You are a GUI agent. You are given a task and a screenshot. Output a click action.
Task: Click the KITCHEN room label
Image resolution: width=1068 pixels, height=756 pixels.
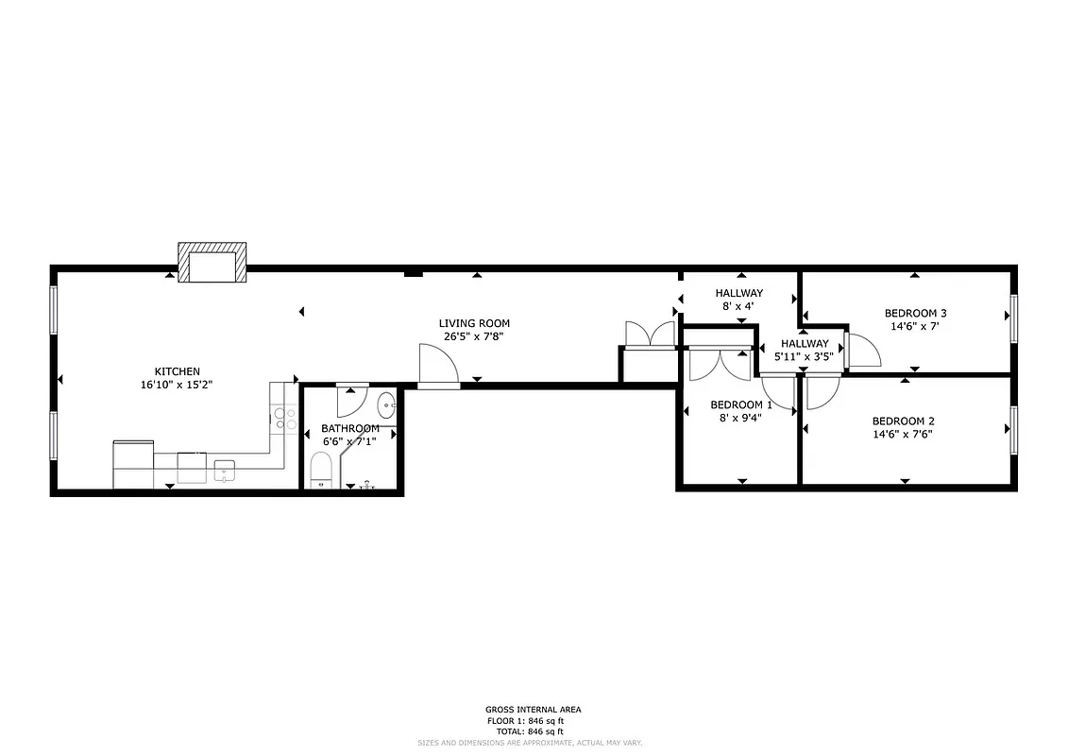click(177, 371)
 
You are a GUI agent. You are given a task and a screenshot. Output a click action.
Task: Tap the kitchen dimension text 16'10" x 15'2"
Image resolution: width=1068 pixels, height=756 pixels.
click(177, 385)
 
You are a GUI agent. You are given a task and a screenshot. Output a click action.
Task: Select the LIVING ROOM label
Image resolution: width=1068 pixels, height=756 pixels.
click(474, 323)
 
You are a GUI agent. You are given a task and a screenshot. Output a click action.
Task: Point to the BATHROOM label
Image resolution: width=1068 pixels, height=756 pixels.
click(349, 428)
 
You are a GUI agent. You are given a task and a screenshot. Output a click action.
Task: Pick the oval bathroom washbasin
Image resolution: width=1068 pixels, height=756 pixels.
click(387, 406)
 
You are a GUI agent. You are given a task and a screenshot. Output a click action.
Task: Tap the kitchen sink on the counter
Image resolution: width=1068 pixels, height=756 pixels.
click(224, 469)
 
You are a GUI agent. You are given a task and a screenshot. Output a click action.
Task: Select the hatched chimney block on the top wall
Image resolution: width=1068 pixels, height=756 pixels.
click(212, 263)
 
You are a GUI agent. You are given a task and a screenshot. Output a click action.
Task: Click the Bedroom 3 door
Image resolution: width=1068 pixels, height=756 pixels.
click(862, 350)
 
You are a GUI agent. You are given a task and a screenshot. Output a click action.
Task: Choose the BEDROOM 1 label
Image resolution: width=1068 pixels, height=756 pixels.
click(741, 404)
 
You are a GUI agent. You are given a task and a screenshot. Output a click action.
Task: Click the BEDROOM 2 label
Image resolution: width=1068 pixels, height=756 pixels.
click(903, 421)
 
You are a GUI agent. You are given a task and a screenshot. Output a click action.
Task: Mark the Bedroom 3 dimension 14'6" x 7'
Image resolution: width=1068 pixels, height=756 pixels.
click(915, 326)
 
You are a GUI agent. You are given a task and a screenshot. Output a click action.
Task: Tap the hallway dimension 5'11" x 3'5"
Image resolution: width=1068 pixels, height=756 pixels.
click(804, 356)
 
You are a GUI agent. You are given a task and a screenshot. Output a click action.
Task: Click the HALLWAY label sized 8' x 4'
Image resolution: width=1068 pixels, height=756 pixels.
click(738, 293)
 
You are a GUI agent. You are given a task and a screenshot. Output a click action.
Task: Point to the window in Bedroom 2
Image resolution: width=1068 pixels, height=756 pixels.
click(1014, 430)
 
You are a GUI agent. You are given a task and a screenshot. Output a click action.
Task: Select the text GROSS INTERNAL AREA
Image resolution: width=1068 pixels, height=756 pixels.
click(534, 710)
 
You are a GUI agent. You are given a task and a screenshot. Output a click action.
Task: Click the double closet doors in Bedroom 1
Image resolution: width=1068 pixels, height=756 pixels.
click(720, 364)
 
